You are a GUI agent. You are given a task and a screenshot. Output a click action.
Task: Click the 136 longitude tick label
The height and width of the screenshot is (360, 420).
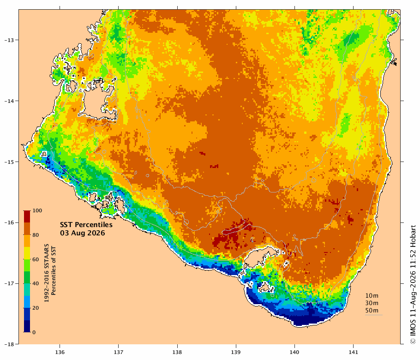pyautogui.click(x=60, y=352)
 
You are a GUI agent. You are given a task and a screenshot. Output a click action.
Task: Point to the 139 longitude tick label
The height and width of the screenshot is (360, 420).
pyautogui.click(x=236, y=352)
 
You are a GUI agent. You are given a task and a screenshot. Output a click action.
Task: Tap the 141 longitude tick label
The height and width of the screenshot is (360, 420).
pyautogui.click(x=353, y=352)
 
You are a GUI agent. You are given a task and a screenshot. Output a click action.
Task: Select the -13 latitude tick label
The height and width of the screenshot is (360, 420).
pyautogui.click(x=10, y=40)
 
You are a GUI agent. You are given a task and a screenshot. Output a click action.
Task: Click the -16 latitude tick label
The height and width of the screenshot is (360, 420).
pyautogui.click(x=10, y=222)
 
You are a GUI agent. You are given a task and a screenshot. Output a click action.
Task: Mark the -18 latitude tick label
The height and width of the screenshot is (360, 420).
pyautogui.click(x=10, y=344)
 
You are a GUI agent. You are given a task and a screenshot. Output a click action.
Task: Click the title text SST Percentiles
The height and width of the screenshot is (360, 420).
pyautogui.click(x=86, y=225)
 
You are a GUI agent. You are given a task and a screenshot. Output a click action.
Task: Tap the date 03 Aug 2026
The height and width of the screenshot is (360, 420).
pyautogui.click(x=83, y=233)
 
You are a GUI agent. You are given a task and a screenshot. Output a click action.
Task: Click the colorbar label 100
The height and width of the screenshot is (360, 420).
pyautogui.click(x=37, y=211)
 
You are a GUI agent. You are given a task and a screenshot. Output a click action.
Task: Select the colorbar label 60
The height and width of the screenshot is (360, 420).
pyautogui.click(x=36, y=259)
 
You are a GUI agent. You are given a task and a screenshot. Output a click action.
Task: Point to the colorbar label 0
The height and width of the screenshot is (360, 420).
pyautogui.click(x=34, y=332)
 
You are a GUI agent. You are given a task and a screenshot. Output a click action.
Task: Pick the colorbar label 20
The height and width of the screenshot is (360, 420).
pyautogui.click(x=36, y=308)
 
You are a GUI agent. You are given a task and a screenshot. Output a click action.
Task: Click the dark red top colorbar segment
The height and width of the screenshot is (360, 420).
pyautogui.click(x=27, y=217)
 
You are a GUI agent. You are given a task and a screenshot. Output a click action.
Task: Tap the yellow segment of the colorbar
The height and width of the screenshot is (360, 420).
pyautogui.click(x=27, y=253)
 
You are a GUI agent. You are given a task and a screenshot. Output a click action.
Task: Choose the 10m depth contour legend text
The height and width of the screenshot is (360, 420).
pyautogui.click(x=372, y=296)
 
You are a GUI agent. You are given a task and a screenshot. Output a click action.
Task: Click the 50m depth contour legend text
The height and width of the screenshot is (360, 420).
pyautogui.click(x=372, y=311)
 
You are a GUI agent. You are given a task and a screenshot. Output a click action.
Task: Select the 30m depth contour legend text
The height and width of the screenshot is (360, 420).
pyautogui.click(x=372, y=303)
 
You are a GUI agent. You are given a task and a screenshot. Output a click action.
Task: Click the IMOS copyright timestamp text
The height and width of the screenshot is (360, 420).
pyautogui.click(x=413, y=284)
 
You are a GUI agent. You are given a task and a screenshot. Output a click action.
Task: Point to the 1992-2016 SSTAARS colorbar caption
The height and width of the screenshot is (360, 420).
pyautogui.click(x=47, y=273)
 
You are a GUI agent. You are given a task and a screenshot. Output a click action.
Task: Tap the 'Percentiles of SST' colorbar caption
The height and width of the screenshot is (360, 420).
pyautogui.click(x=54, y=271)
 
